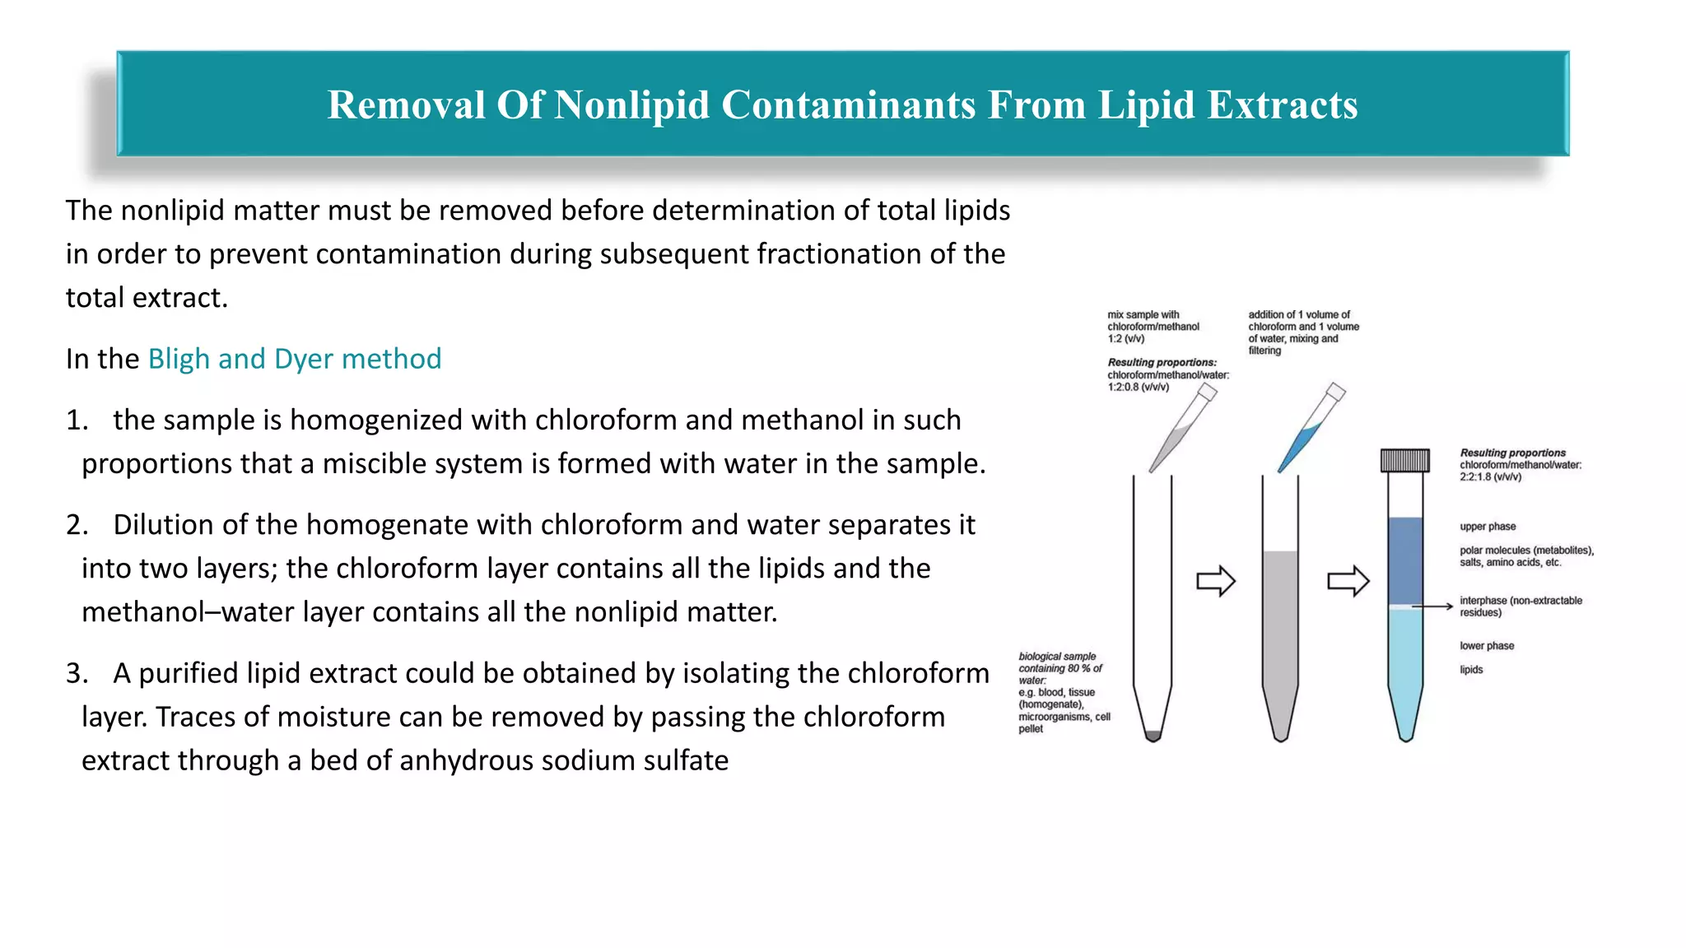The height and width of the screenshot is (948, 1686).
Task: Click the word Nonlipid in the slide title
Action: pos(631,105)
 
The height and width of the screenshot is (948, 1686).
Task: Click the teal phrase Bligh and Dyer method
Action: pos(294,359)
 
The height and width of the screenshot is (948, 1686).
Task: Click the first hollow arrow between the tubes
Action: pos(1215,581)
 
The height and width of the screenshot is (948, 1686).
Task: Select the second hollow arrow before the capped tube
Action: pos(1348,581)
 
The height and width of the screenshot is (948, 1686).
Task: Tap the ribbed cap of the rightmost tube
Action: pos(1404,460)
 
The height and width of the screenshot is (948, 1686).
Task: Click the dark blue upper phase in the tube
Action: pos(1405,560)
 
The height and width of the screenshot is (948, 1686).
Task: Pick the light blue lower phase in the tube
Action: pos(1405,658)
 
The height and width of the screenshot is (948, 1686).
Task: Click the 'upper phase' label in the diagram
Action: pos(1488,527)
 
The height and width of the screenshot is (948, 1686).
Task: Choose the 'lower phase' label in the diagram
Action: pos(1487,646)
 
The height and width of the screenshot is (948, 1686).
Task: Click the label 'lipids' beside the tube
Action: pos(1471,670)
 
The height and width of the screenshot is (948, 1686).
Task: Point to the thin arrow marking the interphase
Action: pos(1432,606)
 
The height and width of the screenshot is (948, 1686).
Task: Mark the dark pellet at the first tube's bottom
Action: pos(1153,735)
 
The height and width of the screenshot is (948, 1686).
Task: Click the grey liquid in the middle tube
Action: pos(1280,625)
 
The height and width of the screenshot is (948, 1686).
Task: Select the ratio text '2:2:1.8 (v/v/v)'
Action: pos(1490,477)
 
